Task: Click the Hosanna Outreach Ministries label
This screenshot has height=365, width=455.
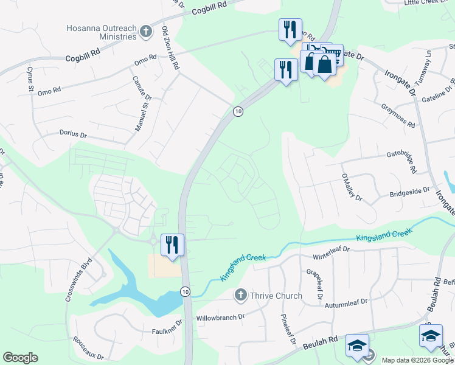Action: point(102,32)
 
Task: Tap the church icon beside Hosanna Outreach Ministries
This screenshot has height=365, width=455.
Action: point(145,31)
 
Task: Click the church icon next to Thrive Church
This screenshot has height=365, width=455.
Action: point(240,296)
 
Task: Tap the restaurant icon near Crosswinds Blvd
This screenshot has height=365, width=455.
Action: point(172,245)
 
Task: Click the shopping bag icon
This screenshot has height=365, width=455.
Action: point(325,63)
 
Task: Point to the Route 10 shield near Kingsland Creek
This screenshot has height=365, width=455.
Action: point(185,293)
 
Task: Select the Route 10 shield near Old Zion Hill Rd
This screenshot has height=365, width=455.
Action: point(238,111)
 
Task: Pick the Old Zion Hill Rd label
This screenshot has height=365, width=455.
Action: point(170,49)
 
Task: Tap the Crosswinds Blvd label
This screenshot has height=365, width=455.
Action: point(79,280)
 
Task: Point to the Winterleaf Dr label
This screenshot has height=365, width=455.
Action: point(332,249)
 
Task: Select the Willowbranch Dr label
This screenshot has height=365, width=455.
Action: point(220,318)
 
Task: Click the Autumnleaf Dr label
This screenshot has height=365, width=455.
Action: point(346,305)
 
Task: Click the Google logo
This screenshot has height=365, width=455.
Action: point(20,358)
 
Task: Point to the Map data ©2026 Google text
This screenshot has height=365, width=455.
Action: point(417,360)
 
